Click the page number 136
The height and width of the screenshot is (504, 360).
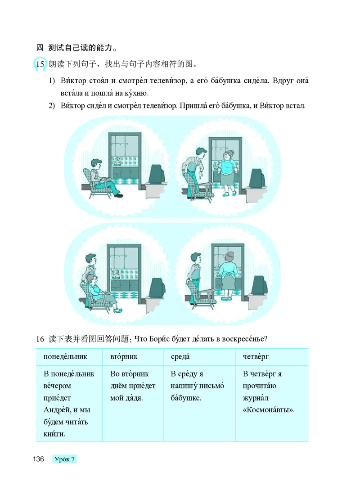pos(37,459)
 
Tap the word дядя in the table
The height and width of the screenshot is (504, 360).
pos(135,398)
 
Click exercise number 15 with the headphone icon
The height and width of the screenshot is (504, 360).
pos(40,64)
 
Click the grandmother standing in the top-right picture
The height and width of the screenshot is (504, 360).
pos(226,173)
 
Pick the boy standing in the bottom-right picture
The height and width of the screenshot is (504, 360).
pos(194,274)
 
